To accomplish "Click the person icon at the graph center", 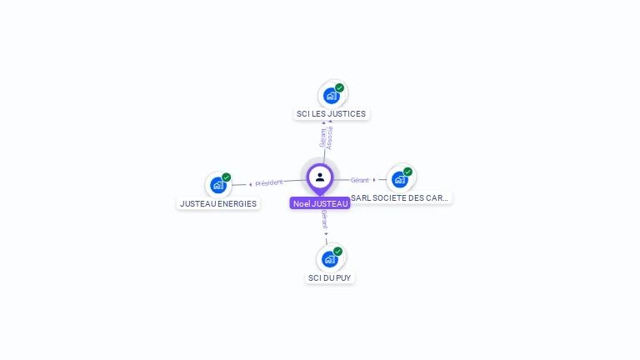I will pyautogui.click(x=320, y=177).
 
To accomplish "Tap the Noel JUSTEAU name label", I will pyautogui.click(x=320, y=203).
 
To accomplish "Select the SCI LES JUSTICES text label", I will pyautogui.click(x=331, y=114).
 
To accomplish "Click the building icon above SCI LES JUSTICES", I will pyautogui.click(x=331, y=95).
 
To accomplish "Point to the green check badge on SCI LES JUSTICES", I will pyautogui.click(x=340, y=87).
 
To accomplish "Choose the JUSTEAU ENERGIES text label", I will pyautogui.click(x=218, y=203).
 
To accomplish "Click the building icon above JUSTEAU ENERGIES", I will pyautogui.click(x=218, y=185).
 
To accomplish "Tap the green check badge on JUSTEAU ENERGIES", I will pyautogui.click(x=227, y=177).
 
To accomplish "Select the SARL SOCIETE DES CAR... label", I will pyautogui.click(x=400, y=198).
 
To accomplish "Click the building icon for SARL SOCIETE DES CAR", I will pyautogui.click(x=399, y=179).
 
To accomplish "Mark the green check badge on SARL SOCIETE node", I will pyautogui.click(x=408, y=172).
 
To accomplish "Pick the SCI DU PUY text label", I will pyautogui.click(x=330, y=277).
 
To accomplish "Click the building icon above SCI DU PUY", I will pyautogui.click(x=329, y=259).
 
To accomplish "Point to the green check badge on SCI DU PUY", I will pyautogui.click(x=338, y=251).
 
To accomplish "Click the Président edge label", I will pyautogui.click(x=269, y=182).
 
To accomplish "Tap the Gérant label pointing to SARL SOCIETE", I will pyautogui.click(x=359, y=180).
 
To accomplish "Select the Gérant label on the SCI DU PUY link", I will pyautogui.click(x=324, y=220).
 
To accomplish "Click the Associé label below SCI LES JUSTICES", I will pyautogui.click(x=331, y=138).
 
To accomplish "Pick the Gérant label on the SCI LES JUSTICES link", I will pyautogui.click(x=322, y=138).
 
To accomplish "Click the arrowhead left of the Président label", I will pyautogui.click(x=251, y=184).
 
